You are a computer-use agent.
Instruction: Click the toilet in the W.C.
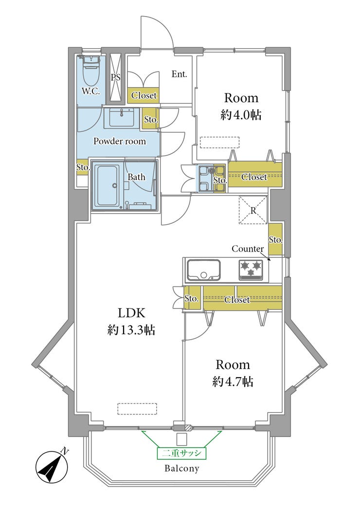(x=91, y=71)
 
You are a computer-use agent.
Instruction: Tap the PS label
(x=116, y=77)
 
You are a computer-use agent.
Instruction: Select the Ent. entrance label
(x=179, y=74)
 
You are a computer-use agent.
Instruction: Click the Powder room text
(x=120, y=141)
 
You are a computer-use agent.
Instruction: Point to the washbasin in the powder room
(x=122, y=118)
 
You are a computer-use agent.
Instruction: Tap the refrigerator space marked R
(x=253, y=210)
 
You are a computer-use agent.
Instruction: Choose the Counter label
(x=248, y=249)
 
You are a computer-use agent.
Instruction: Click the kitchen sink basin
(x=204, y=270)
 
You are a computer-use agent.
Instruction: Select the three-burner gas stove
(x=251, y=270)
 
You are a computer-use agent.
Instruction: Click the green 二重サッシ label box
(x=181, y=453)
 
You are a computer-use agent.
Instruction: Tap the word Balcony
(x=181, y=468)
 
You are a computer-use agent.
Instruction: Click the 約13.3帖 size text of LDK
(x=131, y=330)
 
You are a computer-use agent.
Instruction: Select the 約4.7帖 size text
(x=233, y=381)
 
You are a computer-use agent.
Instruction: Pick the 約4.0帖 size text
(x=241, y=115)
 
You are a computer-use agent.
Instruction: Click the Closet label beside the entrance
(x=144, y=95)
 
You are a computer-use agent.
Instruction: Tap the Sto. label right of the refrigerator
(x=276, y=240)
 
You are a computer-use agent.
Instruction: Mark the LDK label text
(x=131, y=313)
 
